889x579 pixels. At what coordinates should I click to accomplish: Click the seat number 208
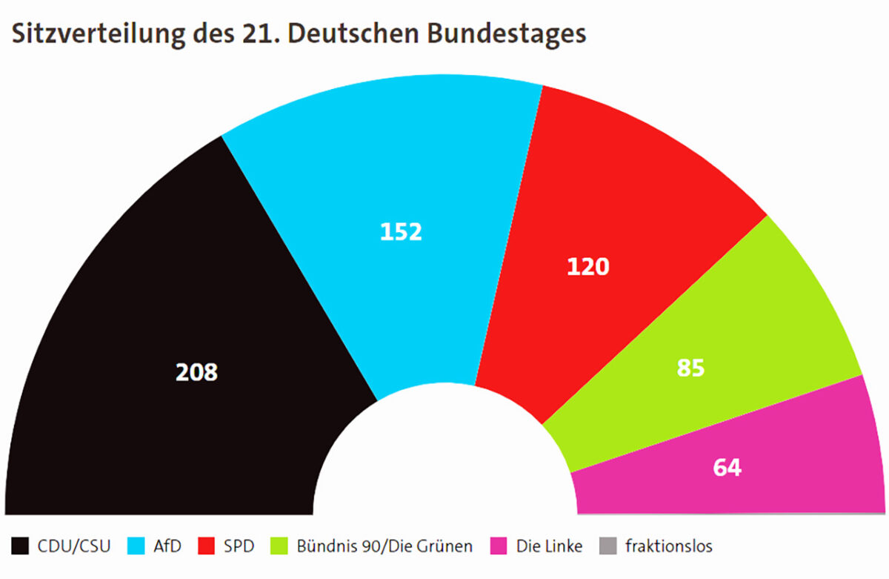196,372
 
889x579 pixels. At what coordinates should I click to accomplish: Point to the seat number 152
401,232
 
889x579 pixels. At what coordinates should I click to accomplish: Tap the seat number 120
588,267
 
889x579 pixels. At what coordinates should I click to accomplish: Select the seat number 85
690,368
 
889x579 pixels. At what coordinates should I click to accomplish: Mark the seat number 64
727,469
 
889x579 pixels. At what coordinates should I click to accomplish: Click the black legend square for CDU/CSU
20,547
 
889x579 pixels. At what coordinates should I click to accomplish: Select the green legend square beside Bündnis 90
280,547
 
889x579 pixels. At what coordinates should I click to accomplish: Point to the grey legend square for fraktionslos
607,547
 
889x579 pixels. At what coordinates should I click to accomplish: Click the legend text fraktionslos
669,547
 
